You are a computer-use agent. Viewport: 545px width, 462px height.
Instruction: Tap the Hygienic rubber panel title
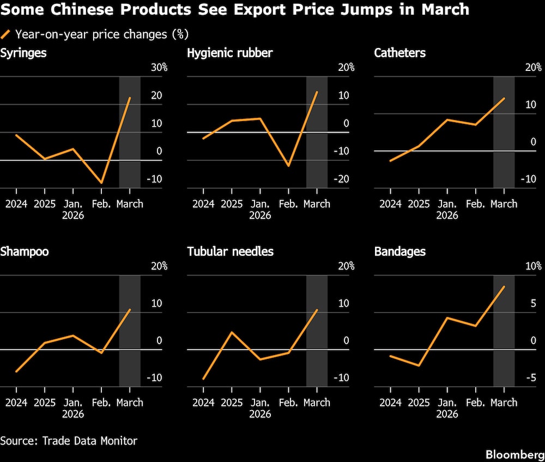[x=229, y=53]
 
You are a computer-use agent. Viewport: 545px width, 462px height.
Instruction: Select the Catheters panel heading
[x=399, y=53]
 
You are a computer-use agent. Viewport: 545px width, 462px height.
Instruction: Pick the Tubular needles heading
[x=230, y=251]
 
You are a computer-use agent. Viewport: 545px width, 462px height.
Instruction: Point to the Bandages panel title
[x=399, y=251]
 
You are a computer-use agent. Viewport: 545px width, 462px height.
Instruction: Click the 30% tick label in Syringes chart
[x=159, y=68]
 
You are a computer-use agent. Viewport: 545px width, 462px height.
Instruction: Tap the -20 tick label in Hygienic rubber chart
[x=345, y=179]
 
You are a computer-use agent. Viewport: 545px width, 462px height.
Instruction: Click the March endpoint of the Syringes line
[x=130, y=98]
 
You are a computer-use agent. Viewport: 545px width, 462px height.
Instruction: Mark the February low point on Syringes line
[x=101, y=183]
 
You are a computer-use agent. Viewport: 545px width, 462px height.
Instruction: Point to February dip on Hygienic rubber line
[x=288, y=165]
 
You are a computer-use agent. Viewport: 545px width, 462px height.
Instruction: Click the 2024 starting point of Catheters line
[x=390, y=161]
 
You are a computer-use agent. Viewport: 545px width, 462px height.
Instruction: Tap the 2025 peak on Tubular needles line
[x=232, y=332]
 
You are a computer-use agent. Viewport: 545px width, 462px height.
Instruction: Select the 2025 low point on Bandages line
[x=419, y=365]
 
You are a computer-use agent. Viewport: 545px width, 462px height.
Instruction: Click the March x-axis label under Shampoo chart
[x=130, y=403]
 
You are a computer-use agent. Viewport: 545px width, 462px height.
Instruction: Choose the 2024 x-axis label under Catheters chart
[x=390, y=204]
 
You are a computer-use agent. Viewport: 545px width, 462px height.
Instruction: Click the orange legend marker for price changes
[x=6, y=34]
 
